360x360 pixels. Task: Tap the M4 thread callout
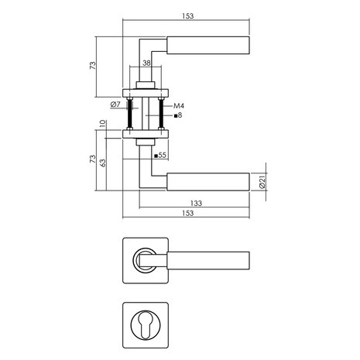click(x=177, y=105)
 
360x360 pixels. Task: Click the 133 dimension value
click(x=196, y=203)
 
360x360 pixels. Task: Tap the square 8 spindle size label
click(x=177, y=115)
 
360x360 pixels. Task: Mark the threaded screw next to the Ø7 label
click(x=130, y=113)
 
